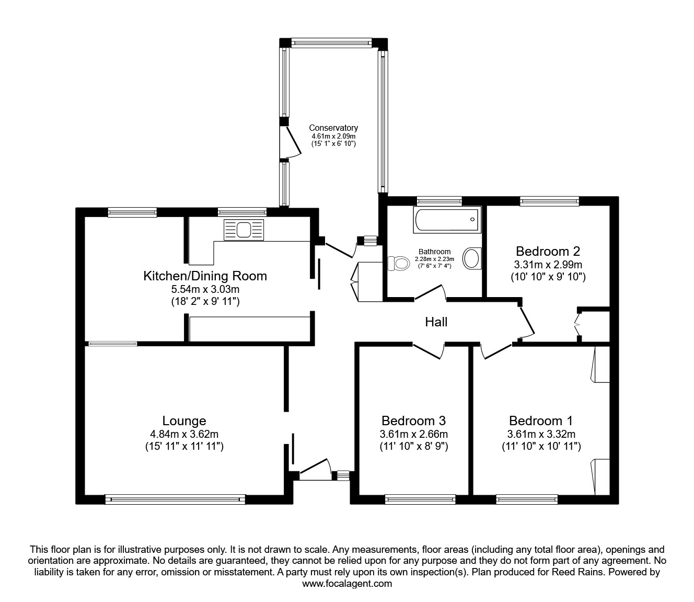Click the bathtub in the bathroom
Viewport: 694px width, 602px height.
[x=446, y=220]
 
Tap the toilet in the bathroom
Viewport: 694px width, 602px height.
[x=399, y=263]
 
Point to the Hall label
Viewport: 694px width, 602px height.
[x=436, y=322]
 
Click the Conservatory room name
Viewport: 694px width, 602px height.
[x=333, y=128]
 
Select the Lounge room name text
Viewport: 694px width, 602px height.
[x=184, y=421]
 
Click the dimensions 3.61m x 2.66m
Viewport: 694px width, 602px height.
[x=413, y=434]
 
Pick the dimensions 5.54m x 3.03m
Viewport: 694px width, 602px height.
[x=205, y=289]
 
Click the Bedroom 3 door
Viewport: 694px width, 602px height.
[x=428, y=350]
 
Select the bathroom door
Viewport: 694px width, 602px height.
[x=430, y=293]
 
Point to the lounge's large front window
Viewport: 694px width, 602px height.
[x=175, y=499]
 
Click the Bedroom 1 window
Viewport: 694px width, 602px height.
[x=527, y=499]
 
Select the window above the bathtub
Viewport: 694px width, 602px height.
[x=439, y=200]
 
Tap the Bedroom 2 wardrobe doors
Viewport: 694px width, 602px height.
[x=577, y=325]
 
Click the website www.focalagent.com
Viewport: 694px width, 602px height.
[x=347, y=584]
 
